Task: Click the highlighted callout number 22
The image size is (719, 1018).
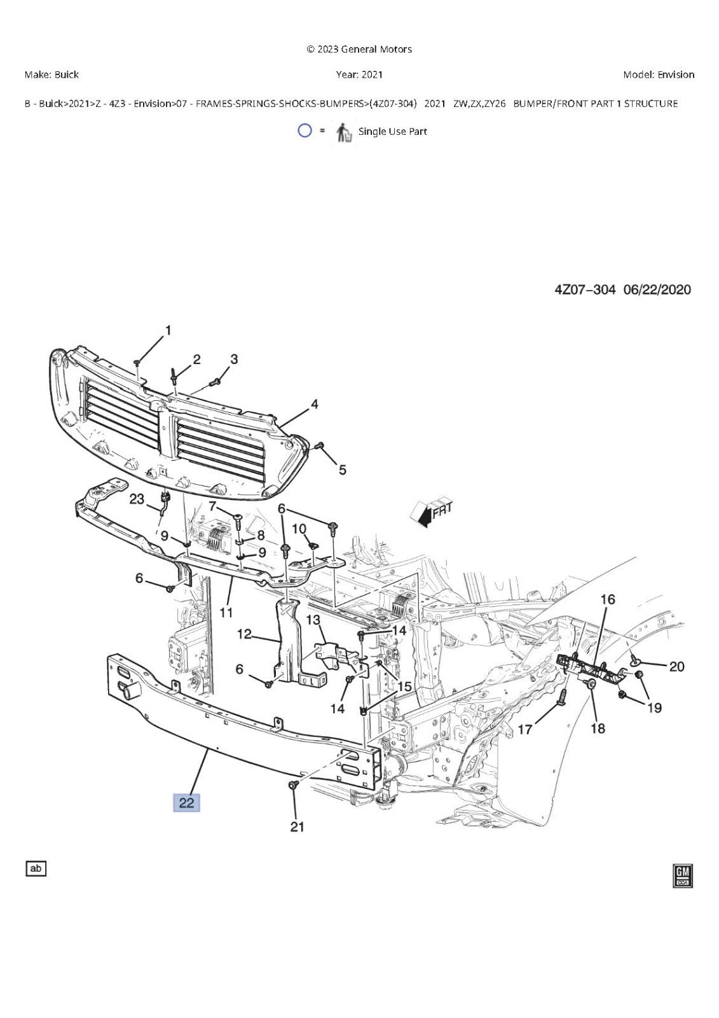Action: coord(186,802)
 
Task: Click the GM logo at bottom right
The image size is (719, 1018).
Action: coord(683,875)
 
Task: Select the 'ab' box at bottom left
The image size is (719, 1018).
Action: coord(36,868)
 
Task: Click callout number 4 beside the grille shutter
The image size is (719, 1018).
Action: coord(314,404)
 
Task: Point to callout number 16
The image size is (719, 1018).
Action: coord(608,599)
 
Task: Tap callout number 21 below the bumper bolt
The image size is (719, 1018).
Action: coord(297,826)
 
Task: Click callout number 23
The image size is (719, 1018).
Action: coord(137,499)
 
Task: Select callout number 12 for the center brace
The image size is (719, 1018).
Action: coord(244,634)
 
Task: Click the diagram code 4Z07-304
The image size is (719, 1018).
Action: coord(585,290)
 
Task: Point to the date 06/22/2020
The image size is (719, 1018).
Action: coord(657,290)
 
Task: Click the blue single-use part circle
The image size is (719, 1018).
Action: coord(305,131)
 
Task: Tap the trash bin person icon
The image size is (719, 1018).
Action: coord(344,133)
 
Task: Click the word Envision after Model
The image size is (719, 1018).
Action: coord(676,74)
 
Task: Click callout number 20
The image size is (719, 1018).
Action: coord(676,666)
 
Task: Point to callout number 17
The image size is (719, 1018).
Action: coord(524,729)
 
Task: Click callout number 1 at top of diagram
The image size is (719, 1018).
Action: coord(168,330)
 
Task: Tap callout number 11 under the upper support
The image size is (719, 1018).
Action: coord(226,613)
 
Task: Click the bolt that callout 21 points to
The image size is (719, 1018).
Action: coord(293,785)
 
